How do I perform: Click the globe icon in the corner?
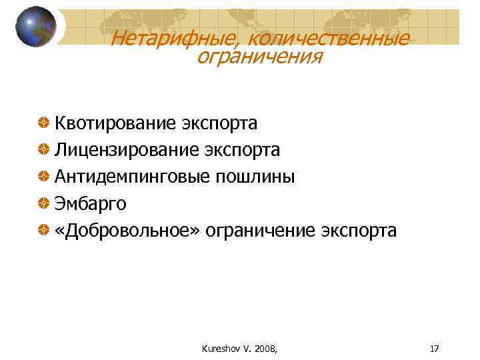pos(35,27)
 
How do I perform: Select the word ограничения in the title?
pos(259,57)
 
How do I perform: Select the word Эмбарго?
pos(90,203)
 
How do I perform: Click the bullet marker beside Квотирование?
pos(43,123)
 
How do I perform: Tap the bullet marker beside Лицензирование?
pos(43,150)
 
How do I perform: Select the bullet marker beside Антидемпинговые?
pos(43,177)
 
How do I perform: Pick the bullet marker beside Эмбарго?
pos(43,203)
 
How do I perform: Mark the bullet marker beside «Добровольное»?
pos(43,230)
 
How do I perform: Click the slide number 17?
pos(435,348)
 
